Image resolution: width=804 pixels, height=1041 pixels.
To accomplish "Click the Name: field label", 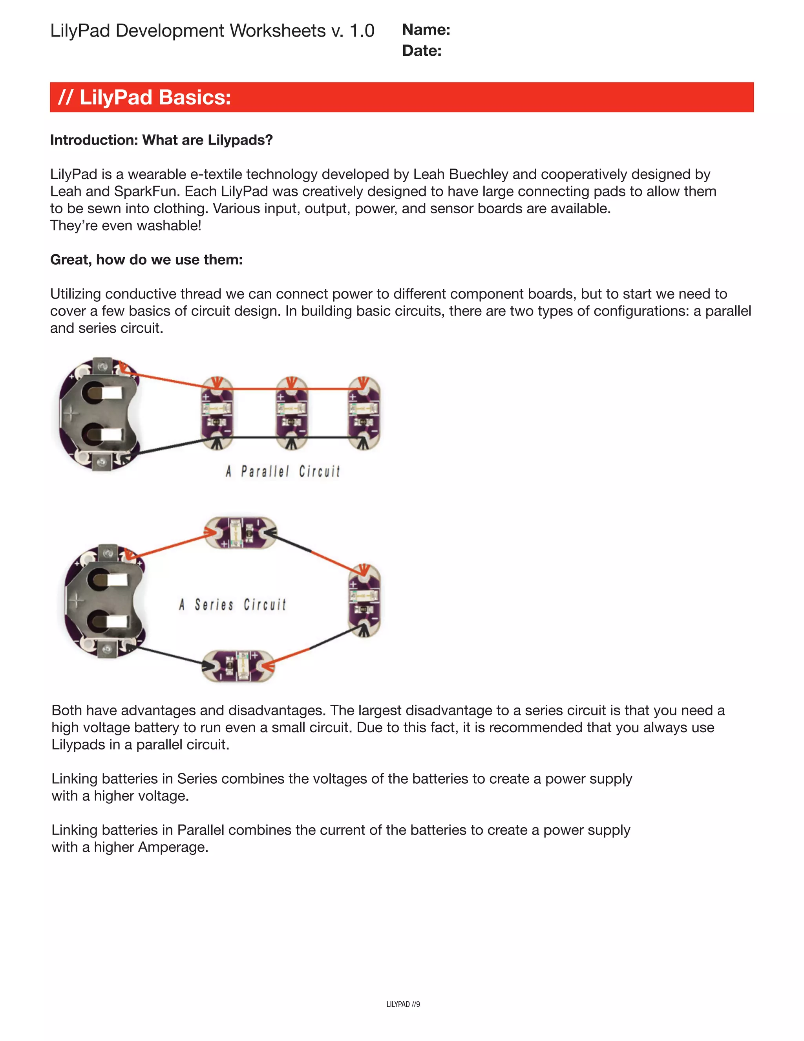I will click(426, 30).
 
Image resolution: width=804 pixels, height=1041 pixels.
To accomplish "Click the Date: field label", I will click(422, 51).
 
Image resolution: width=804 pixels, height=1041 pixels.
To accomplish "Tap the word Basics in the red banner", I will click(194, 98).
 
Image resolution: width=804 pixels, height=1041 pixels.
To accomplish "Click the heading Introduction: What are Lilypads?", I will click(161, 140).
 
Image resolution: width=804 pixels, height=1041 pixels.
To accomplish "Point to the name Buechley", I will click(478, 174).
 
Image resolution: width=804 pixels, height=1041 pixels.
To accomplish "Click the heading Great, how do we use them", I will click(146, 260).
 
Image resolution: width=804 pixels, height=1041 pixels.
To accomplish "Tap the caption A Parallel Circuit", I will click(283, 472).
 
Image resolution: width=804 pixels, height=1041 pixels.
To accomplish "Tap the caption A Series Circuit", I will click(232, 605).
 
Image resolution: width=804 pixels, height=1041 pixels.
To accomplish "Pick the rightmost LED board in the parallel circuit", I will click(364, 413).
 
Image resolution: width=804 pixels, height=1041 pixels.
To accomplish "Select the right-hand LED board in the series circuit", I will click(364, 601).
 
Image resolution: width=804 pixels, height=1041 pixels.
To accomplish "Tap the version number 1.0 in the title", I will click(362, 31).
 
